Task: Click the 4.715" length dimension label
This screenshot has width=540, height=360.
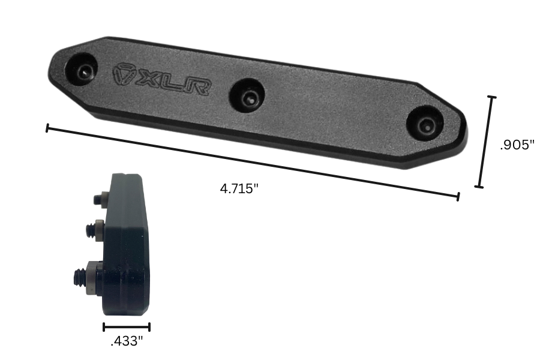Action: pyautogui.click(x=239, y=188)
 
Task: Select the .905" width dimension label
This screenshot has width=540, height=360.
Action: pyautogui.click(x=517, y=145)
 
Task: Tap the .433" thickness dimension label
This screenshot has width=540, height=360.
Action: pyautogui.click(x=127, y=342)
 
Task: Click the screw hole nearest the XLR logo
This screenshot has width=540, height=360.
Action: pyautogui.click(x=85, y=71)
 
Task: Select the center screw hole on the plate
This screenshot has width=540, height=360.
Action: pyautogui.click(x=248, y=96)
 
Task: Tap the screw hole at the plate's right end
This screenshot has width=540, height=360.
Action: pyautogui.click(x=425, y=125)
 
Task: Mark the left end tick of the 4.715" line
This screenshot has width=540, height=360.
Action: pyautogui.click(x=47, y=128)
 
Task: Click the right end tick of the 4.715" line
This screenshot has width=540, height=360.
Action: pyautogui.click(x=458, y=196)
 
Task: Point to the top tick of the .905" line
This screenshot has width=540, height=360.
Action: pyautogui.click(x=492, y=97)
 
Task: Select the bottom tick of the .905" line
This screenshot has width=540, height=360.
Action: pyautogui.click(x=479, y=187)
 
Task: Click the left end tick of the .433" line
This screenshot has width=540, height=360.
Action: pyautogui.click(x=104, y=327)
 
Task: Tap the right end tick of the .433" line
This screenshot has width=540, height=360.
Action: pyautogui.click(x=149, y=327)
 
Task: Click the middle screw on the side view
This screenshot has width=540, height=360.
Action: pyautogui.click(x=94, y=230)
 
